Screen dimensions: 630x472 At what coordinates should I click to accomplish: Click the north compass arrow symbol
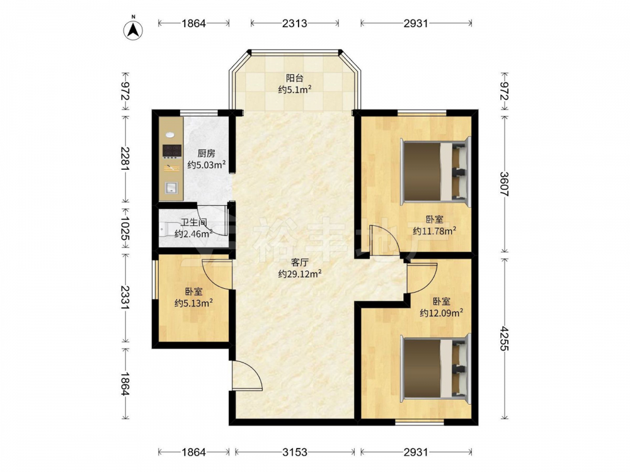click(134, 30)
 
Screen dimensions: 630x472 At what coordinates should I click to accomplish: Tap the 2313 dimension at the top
click(294, 23)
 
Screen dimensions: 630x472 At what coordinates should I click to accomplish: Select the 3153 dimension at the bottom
click(294, 452)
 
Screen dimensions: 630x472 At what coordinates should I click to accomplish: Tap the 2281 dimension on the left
click(126, 159)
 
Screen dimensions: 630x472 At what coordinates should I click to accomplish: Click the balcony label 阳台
click(294, 78)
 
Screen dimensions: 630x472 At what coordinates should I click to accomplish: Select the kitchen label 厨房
click(207, 154)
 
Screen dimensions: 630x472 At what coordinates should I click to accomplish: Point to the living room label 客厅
click(300, 263)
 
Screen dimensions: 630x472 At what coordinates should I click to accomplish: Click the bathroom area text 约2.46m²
click(193, 233)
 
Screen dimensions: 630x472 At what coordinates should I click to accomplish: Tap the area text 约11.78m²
click(434, 231)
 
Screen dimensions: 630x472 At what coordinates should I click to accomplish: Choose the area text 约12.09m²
click(441, 313)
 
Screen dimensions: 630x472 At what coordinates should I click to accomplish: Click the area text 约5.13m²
click(193, 303)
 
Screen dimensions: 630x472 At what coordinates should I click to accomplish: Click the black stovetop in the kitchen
click(171, 150)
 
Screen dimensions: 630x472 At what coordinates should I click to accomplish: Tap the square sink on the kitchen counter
click(171, 188)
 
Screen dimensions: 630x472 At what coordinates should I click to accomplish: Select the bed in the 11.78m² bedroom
click(435, 172)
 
